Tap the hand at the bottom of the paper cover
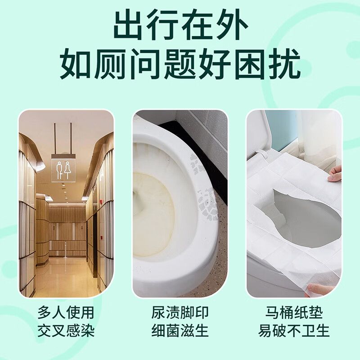click(x=320, y=289)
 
